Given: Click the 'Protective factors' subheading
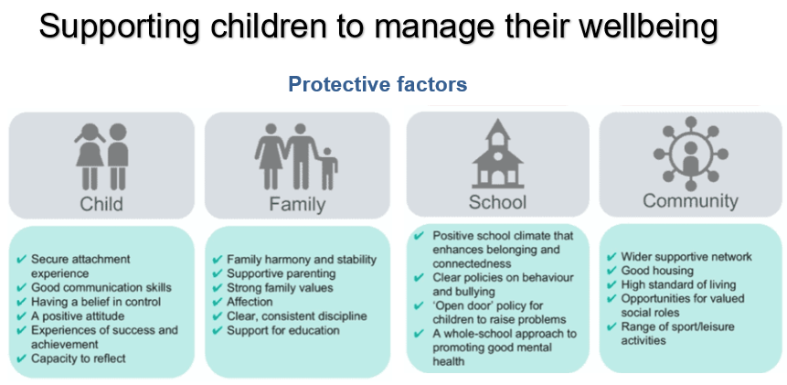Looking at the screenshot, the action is (x=378, y=84).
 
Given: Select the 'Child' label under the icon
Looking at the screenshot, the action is (x=101, y=204).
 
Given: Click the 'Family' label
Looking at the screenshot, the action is (x=297, y=204).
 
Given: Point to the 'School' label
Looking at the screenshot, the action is (x=497, y=202).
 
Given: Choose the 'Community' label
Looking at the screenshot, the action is (x=690, y=200).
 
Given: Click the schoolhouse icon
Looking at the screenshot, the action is (x=497, y=153).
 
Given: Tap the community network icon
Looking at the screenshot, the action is (x=691, y=154).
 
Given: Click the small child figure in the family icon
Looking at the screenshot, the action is (x=328, y=168).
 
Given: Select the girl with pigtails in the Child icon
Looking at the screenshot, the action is (x=90, y=156).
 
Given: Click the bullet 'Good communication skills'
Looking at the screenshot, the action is (x=101, y=288).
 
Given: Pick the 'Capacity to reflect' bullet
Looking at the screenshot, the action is (x=79, y=358).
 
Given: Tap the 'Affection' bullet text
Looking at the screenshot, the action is (x=250, y=302).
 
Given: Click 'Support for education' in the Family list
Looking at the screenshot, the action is (x=283, y=330).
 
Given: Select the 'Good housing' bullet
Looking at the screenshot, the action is (x=657, y=271).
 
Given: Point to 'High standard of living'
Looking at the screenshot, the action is (x=678, y=284).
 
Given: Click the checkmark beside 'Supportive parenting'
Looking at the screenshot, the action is (x=218, y=273).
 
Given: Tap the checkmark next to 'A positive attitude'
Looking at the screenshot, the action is (x=21, y=316).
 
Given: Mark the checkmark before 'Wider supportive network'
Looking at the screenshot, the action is (x=612, y=257).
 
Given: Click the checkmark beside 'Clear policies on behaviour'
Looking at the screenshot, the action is (x=419, y=278).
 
